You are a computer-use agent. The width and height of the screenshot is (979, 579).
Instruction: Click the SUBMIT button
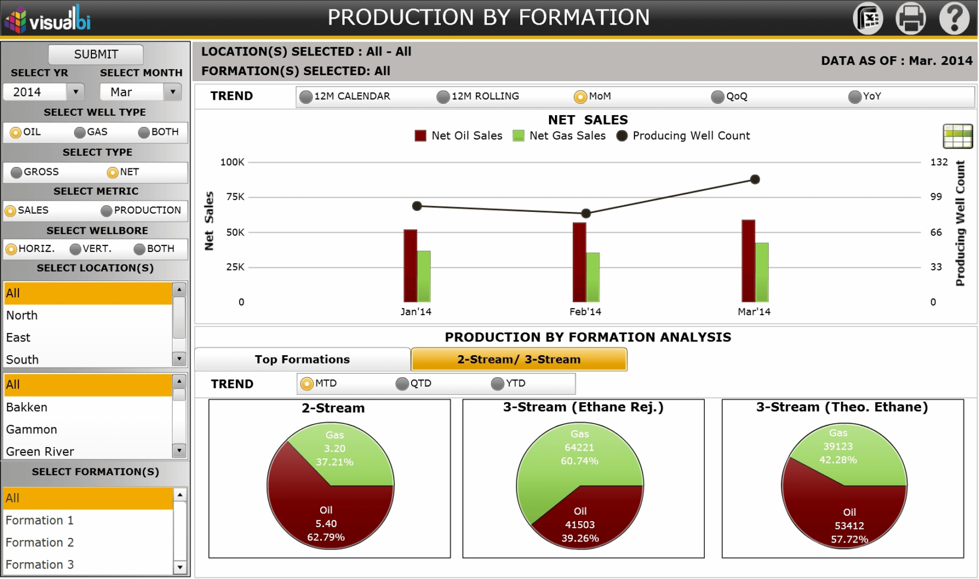[x=96, y=54]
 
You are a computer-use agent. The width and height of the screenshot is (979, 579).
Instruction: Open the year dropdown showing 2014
[x=75, y=92]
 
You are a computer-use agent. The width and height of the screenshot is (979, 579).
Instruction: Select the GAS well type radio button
[x=80, y=133]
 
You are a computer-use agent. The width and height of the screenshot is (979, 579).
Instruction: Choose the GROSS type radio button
[x=17, y=173]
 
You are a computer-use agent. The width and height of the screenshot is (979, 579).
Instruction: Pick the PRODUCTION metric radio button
[x=106, y=211]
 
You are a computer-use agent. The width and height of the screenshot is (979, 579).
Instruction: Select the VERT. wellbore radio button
[x=75, y=249]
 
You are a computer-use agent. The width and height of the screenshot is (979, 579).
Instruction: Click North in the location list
[x=22, y=315]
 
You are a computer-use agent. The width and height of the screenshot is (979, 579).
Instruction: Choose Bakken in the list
[x=27, y=407]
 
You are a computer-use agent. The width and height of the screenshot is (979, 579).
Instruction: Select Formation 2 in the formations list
[x=39, y=542]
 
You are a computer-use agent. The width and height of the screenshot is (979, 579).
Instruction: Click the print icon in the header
[x=910, y=18]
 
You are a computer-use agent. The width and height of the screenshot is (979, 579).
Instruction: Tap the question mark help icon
[x=954, y=18]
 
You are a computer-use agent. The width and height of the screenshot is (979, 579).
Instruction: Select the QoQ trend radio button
[x=717, y=97]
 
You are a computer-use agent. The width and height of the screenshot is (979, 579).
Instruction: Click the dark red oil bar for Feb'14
[x=579, y=263]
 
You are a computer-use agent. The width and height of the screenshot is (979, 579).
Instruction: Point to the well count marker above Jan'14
[x=417, y=206]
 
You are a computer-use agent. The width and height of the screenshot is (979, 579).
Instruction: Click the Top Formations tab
[x=302, y=359]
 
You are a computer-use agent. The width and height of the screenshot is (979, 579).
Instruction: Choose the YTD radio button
[x=498, y=384]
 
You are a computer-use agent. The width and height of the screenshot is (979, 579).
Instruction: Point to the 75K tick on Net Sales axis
[x=235, y=197]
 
